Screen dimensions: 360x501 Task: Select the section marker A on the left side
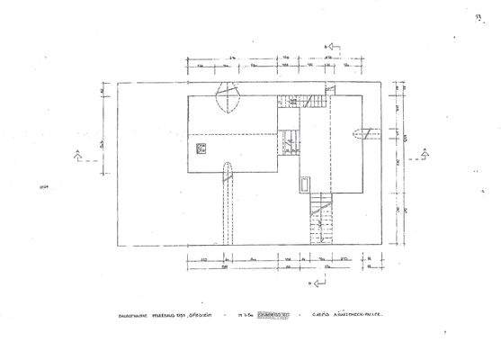tap(78, 152)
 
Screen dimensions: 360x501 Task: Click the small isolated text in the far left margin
tap(43, 187)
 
